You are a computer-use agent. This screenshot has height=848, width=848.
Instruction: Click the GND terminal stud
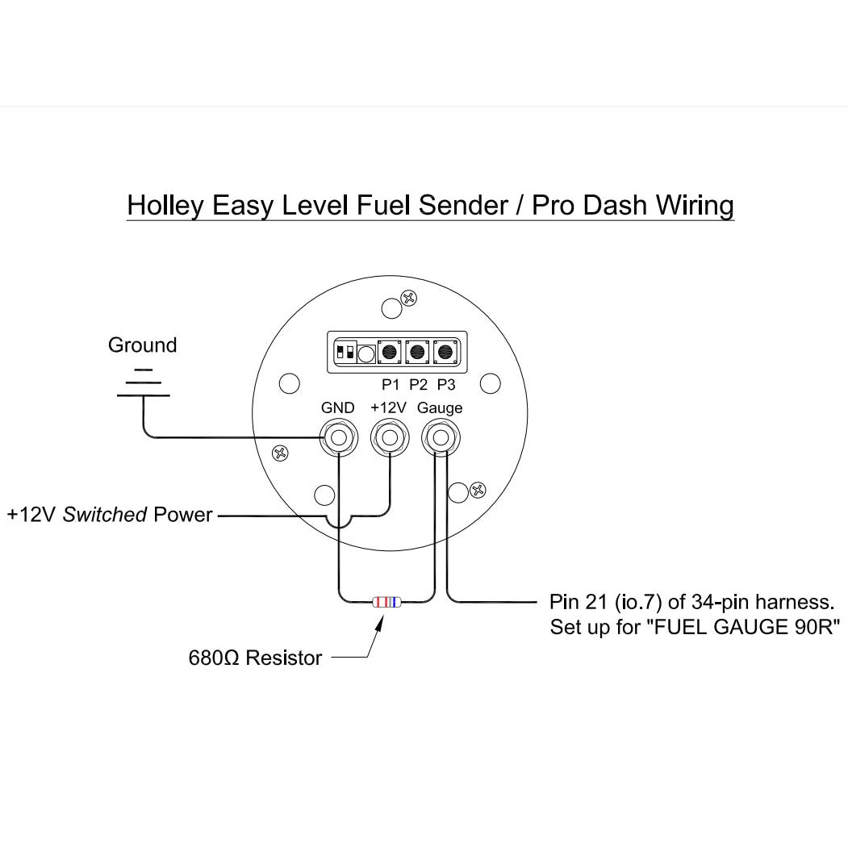[x=338, y=439]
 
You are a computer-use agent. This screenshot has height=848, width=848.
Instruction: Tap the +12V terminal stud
[x=390, y=439]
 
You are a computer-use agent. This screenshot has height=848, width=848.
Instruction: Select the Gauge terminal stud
[x=441, y=439]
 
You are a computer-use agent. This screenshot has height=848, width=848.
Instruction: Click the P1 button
[x=391, y=353]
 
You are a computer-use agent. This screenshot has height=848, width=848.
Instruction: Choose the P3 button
[x=445, y=353]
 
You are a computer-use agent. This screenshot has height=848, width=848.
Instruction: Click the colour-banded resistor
[x=386, y=602]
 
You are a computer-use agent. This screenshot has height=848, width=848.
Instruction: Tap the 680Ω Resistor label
[x=255, y=658]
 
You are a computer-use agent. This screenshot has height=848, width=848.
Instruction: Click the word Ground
[x=142, y=345]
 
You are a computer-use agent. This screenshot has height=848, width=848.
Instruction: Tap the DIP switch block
[x=347, y=353]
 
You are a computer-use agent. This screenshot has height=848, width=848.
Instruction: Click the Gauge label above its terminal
[x=440, y=408]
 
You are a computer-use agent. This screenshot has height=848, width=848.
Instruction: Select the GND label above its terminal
[x=337, y=408]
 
